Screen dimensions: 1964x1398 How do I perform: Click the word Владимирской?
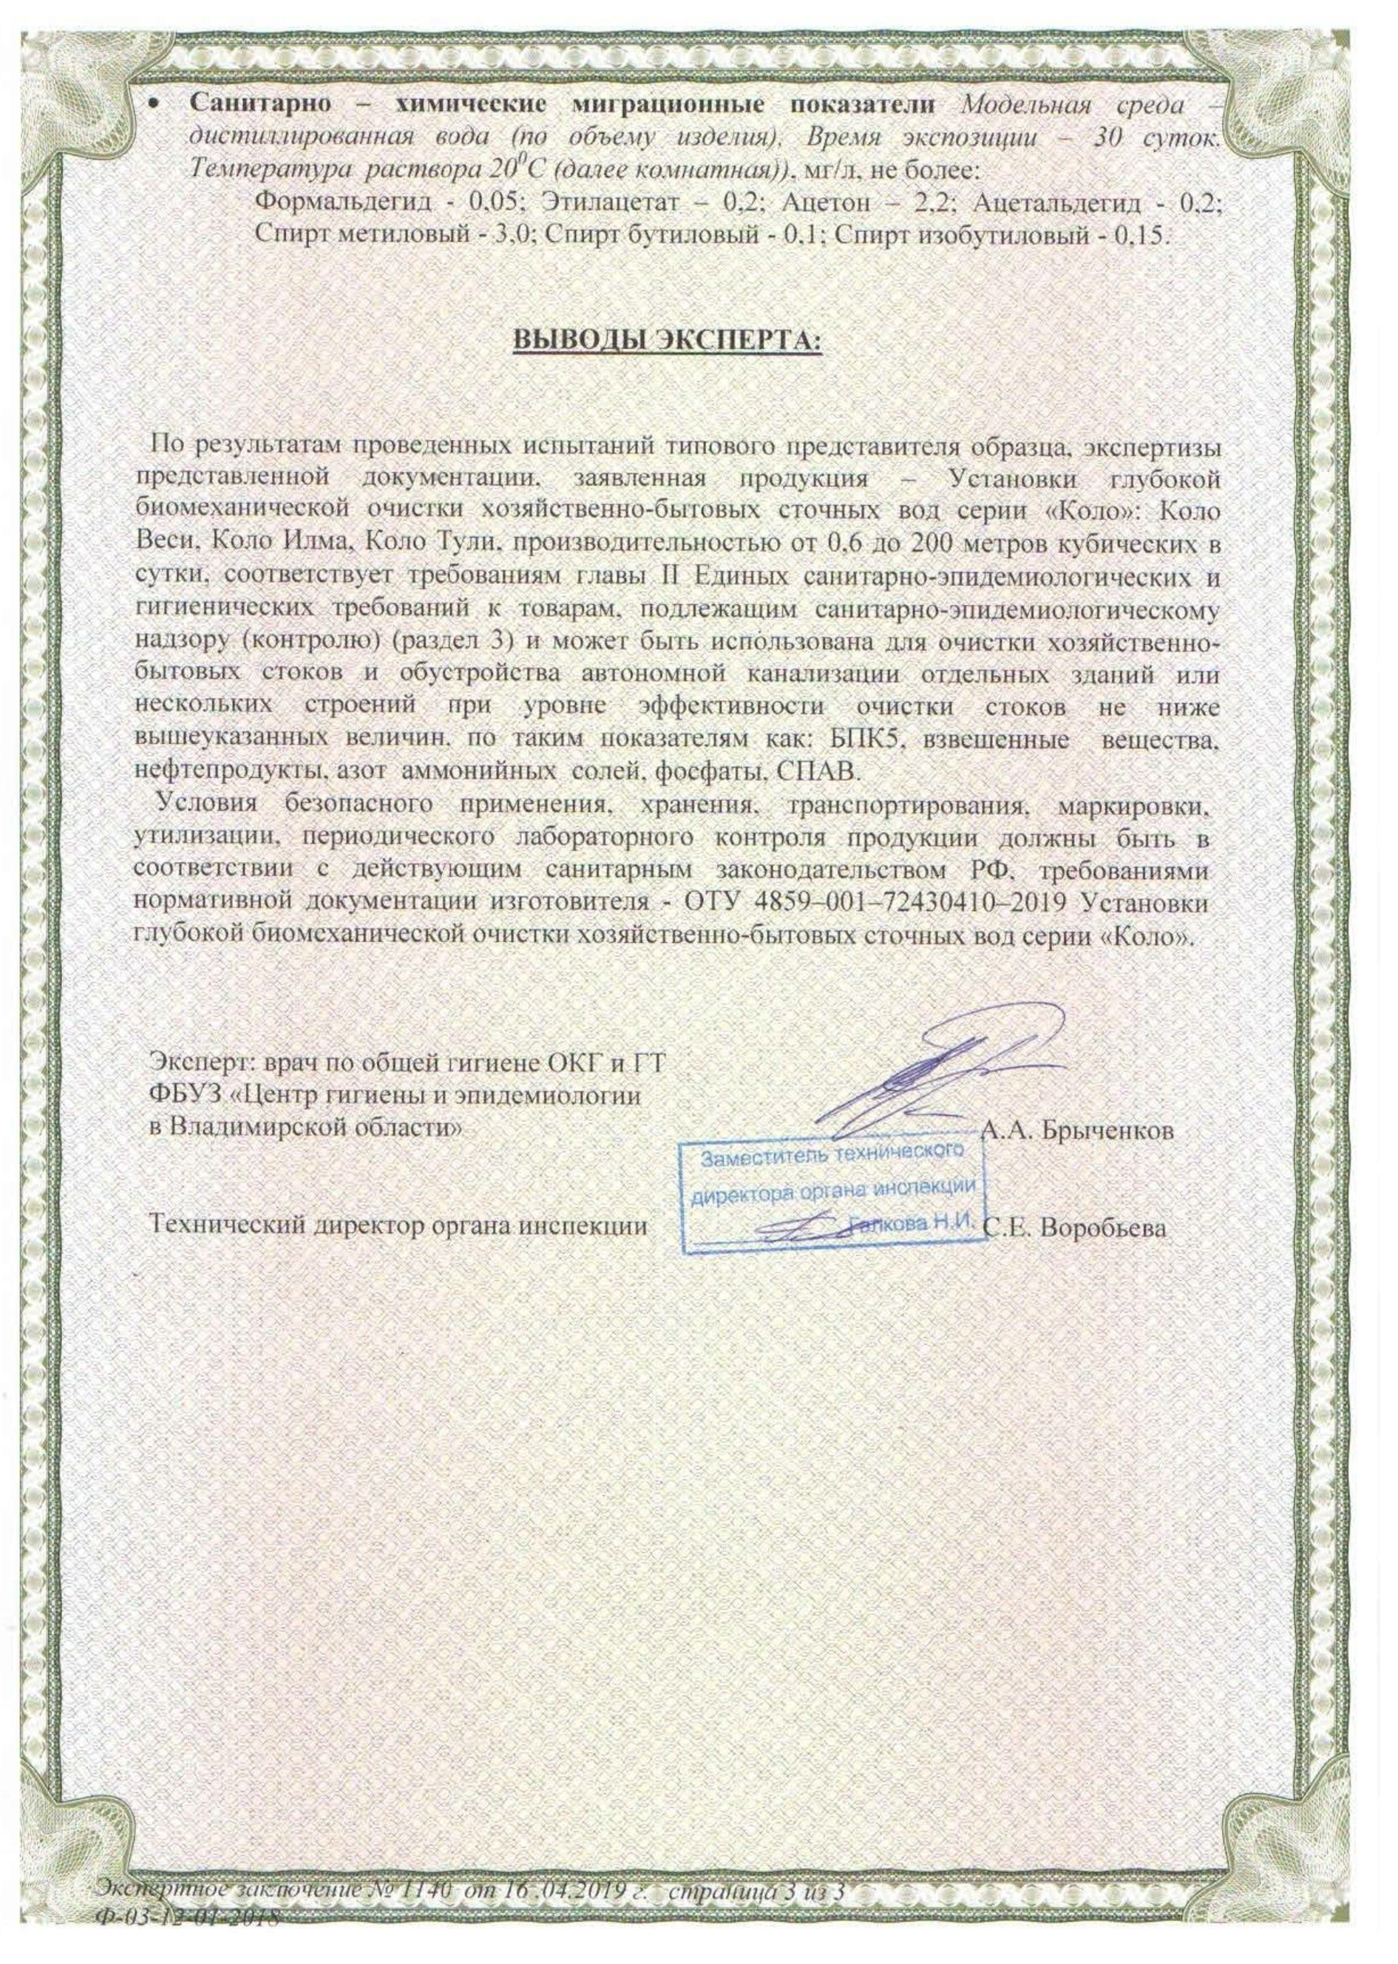(259, 1127)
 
